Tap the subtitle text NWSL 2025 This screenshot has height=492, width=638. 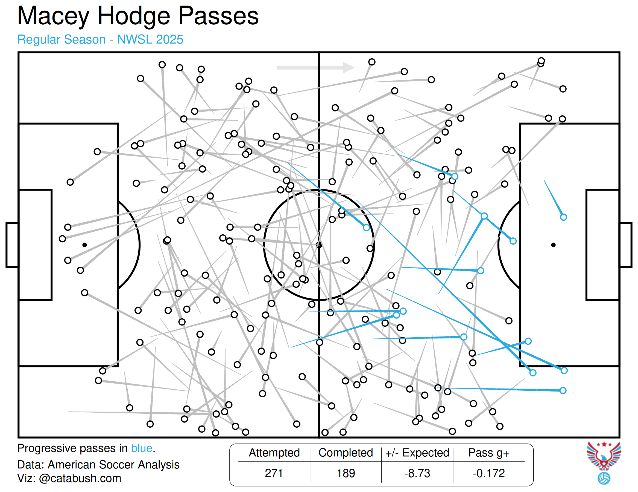[150, 39]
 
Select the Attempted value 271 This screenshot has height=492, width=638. [274, 473]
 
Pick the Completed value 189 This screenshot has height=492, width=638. [346, 473]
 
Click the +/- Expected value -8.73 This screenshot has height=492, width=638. [417, 473]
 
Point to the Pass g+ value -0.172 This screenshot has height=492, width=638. [489, 473]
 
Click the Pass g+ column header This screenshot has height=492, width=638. [489, 453]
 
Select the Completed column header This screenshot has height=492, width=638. [346, 453]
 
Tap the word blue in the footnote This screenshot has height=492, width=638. [142, 448]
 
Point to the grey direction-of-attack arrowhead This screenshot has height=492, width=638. [349, 68]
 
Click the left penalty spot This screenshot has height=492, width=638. [84, 245]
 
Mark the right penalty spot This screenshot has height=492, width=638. [553, 245]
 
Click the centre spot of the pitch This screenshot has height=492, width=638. [319, 245]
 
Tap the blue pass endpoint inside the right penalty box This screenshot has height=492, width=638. [563, 217]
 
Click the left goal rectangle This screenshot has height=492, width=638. [12, 245]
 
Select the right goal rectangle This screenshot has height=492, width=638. [626, 245]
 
